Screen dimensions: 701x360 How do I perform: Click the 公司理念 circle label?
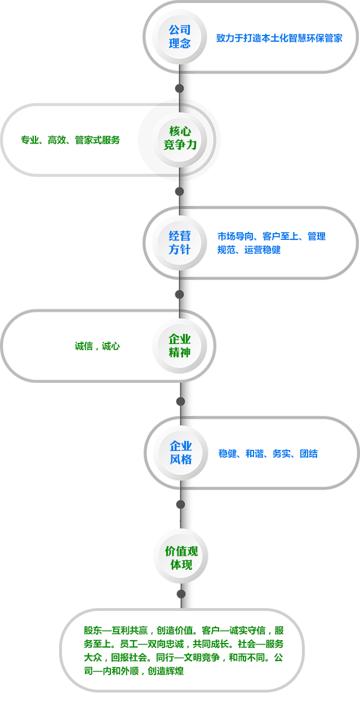(x=180, y=37)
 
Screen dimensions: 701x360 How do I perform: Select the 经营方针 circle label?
(x=180, y=242)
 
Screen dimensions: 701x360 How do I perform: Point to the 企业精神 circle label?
(x=180, y=346)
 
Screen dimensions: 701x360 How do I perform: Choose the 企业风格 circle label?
(x=181, y=453)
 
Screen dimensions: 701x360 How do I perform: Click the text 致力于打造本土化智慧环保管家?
(x=279, y=38)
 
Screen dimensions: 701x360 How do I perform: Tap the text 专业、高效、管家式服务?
(x=70, y=140)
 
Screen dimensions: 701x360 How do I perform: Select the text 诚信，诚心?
(x=97, y=346)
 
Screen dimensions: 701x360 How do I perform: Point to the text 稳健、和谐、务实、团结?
(x=268, y=453)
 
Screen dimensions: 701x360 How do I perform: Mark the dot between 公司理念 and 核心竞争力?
(x=180, y=88)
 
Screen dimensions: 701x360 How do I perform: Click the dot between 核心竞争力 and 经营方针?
(x=180, y=191)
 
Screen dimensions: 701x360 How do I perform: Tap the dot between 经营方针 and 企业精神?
(x=180, y=294)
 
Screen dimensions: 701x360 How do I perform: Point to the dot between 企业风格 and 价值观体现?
(x=181, y=504)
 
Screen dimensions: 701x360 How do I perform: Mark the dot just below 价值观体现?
(x=181, y=594)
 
